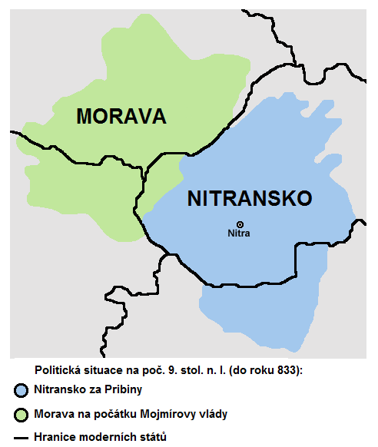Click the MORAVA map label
(x=121, y=117)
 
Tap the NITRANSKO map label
(x=250, y=199)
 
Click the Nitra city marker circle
(x=240, y=223)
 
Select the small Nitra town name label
(x=240, y=233)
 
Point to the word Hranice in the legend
(x=55, y=437)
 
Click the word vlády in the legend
(x=212, y=414)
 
